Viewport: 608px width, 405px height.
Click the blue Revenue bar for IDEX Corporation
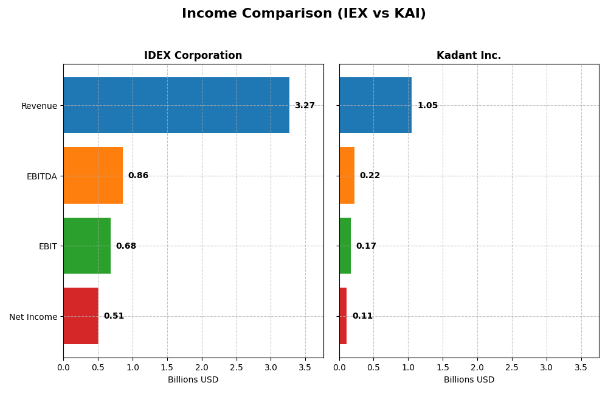176,105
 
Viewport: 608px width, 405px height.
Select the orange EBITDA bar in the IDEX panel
93,176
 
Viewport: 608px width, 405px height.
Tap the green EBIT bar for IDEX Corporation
87,246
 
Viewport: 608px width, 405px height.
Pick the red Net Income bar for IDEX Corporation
81,316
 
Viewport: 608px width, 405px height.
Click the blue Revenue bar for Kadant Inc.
375,105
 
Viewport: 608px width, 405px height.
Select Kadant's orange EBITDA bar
347,176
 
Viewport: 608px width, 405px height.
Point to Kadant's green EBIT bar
345,246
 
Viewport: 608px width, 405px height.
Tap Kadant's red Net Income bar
343,316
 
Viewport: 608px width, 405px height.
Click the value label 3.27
305,106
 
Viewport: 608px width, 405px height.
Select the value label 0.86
138,176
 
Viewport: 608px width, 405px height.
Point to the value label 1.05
427,106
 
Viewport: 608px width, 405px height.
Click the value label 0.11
362,316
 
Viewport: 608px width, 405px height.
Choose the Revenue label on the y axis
39,106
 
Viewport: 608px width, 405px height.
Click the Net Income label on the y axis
33,317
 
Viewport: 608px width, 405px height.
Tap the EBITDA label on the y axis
41,176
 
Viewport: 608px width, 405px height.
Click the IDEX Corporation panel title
193,56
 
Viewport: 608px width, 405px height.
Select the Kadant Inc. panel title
469,56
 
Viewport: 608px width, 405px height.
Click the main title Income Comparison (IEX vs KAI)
303,14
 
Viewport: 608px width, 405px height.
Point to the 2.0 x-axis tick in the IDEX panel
202,367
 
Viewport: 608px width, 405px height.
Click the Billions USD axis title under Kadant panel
469,380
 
